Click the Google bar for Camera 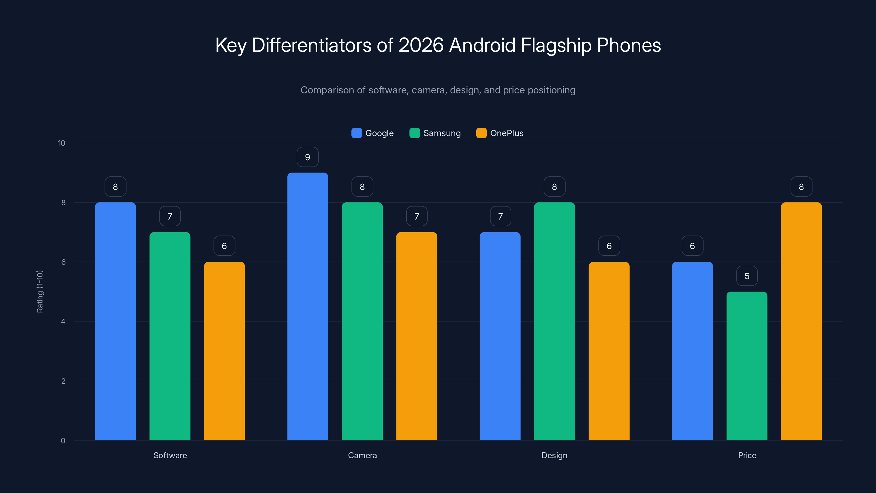click(x=307, y=306)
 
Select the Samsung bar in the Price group click(x=747, y=366)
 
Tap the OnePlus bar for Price click(x=801, y=321)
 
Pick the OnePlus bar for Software click(x=224, y=351)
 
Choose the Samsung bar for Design click(x=554, y=321)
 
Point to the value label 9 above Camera click(x=307, y=157)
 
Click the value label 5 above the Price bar click(x=747, y=276)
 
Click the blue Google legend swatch click(x=356, y=133)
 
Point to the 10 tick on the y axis click(x=62, y=143)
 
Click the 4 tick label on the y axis click(x=63, y=322)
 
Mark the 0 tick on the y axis click(x=63, y=441)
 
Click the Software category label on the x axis click(x=170, y=455)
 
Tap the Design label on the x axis click(x=554, y=455)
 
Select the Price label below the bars click(x=747, y=455)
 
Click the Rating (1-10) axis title click(x=40, y=292)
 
